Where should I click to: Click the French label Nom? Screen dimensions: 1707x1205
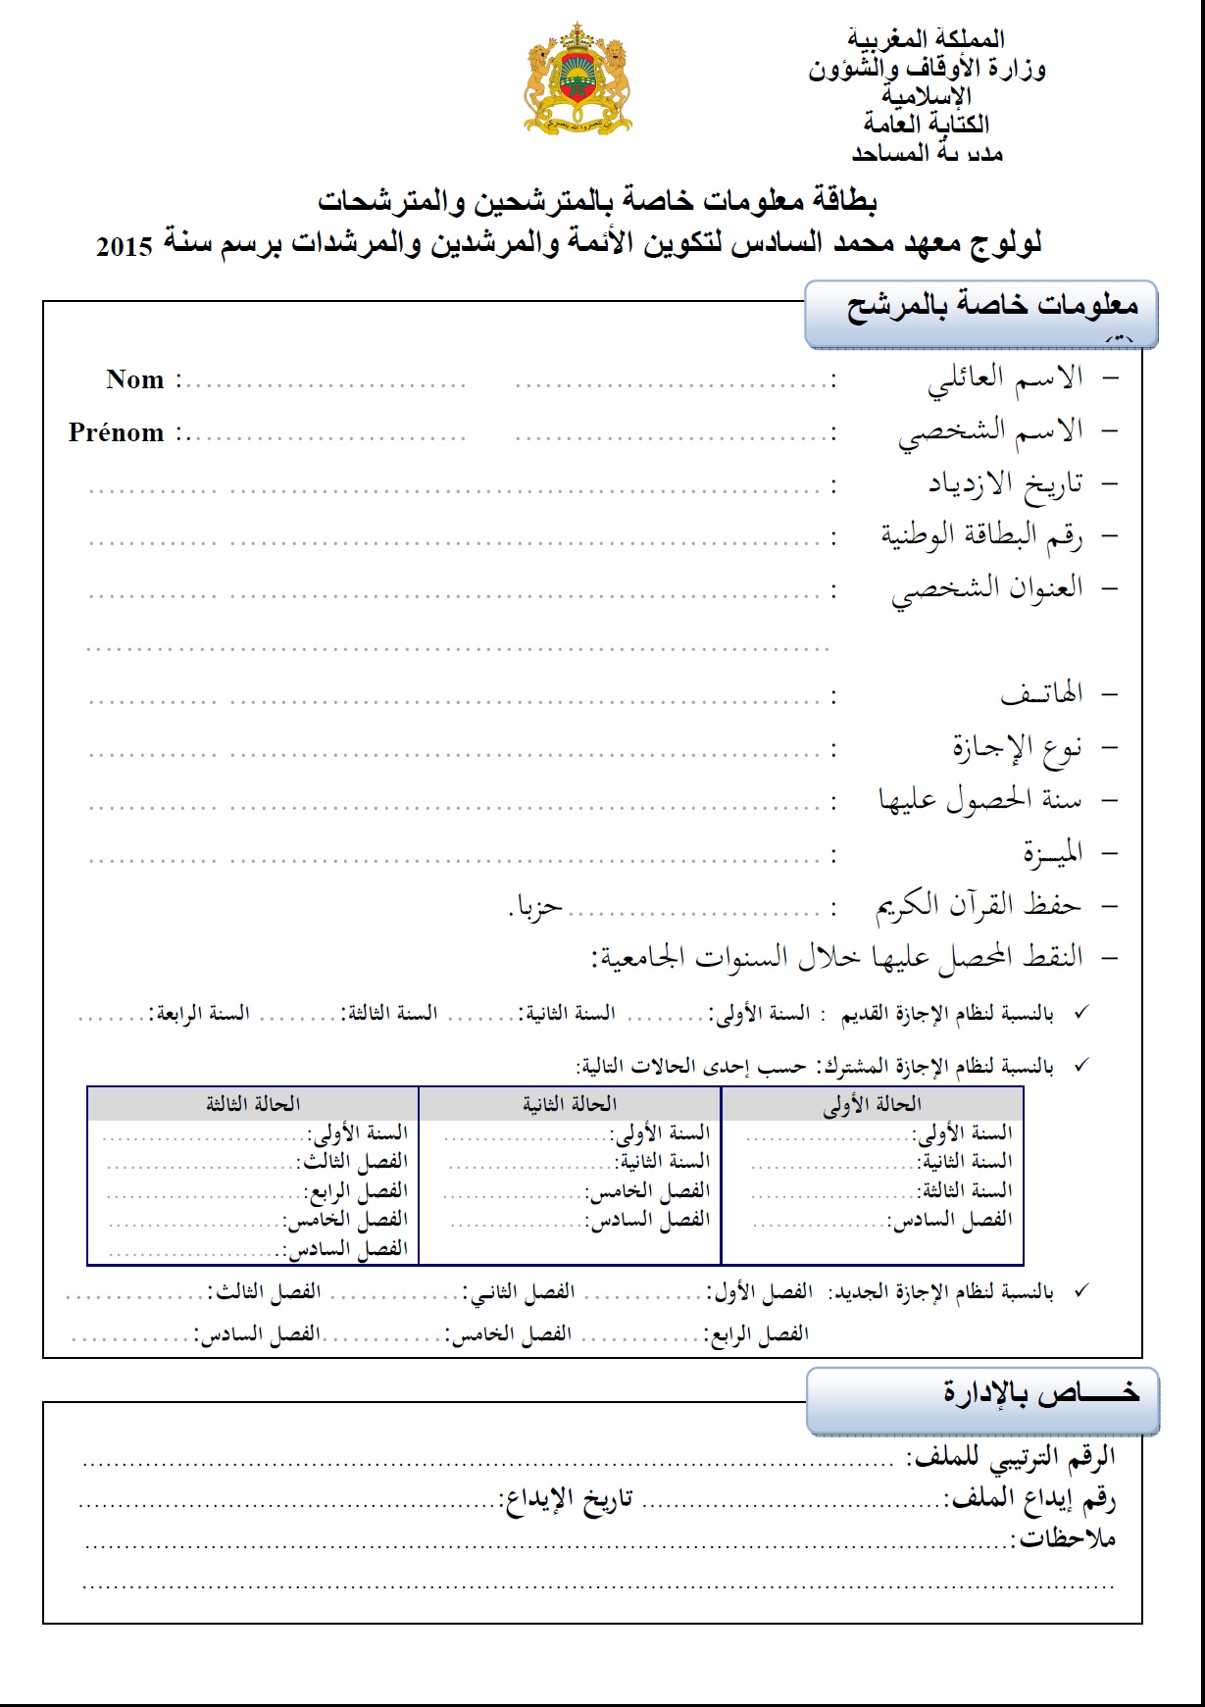pos(135,380)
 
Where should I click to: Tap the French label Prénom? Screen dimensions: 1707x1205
pos(116,433)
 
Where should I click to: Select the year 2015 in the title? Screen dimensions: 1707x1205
pos(125,247)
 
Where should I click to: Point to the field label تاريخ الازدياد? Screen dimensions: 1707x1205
pos(1005,483)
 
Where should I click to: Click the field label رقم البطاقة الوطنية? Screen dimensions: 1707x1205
pos(981,535)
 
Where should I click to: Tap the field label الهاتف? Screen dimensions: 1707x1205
pos(1041,694)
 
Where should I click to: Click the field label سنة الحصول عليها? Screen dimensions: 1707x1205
pos(980,800)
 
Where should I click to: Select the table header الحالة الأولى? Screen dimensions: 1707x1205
pos(872,1105)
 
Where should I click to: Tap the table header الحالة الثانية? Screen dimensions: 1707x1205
pos(570,1105)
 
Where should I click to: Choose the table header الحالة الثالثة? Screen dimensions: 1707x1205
pos(253,1105)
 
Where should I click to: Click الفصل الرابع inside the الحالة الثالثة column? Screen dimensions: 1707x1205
pos(355,1191)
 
